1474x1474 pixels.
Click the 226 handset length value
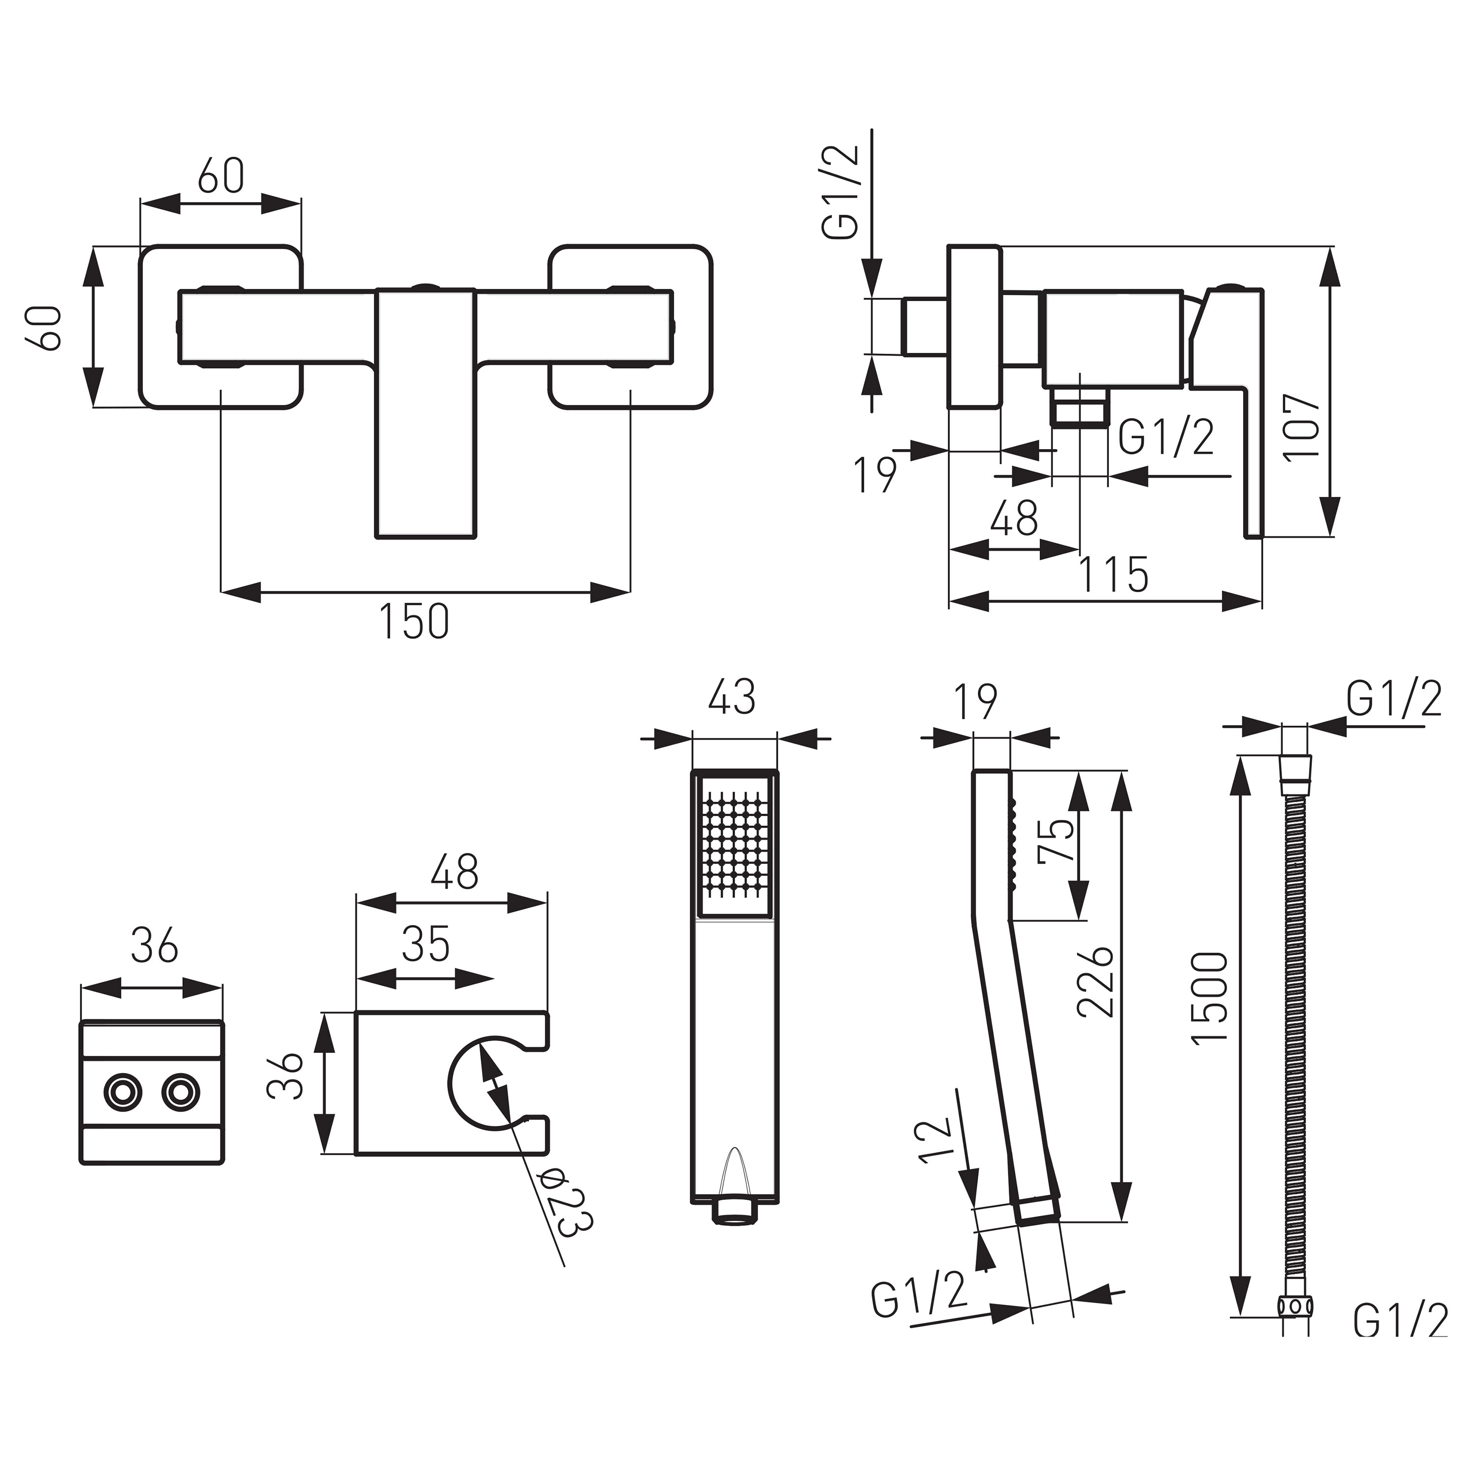coord(1096,982)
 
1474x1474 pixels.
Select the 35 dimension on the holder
coord(425,944)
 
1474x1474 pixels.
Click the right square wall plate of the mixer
coord(630,327)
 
